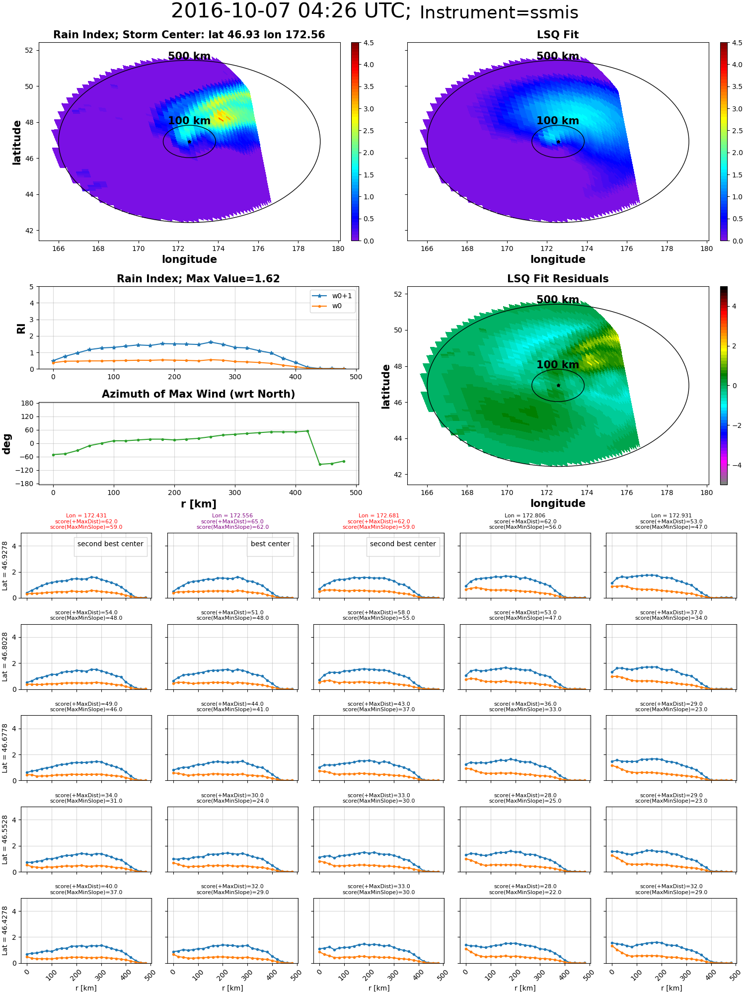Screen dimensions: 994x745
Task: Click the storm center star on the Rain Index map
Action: [x=189, y=142]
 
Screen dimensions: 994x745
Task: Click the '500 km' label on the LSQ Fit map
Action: [x=558, y=56]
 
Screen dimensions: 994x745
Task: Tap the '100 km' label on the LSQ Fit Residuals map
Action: [x=558, y=365]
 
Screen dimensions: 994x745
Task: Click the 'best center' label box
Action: [x=270, y=544]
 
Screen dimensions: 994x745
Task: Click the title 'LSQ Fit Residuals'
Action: [x=558, y=279]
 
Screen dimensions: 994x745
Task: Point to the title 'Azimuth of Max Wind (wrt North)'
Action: [x=198, y=394]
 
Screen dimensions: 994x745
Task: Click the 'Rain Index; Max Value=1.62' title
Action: [x=198, y=279]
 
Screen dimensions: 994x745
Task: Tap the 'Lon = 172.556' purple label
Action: [x=232, y=515]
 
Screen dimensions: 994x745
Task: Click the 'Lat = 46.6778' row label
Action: [x=5, y=747]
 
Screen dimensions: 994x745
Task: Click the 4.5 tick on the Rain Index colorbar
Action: [x=369, y=43]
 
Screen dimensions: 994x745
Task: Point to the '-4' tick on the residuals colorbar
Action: [x=735, y=465]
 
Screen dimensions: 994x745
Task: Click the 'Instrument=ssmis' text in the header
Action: [x=499, y=13]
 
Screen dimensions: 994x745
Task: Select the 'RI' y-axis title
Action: [x=21, y=329]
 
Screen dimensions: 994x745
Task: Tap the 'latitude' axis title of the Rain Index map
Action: [x=17, y=142]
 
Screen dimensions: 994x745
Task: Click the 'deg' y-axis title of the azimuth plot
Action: [x=7, y=444]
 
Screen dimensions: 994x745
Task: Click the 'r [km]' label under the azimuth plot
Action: [x=198, y=504]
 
